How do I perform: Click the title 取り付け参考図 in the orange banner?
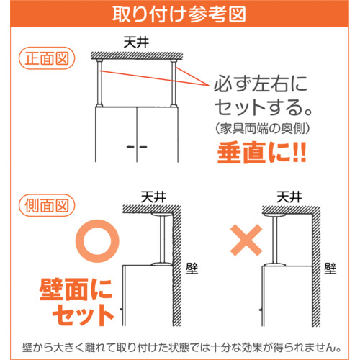tap(179, 14)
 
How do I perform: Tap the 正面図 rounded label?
tap(47, 58)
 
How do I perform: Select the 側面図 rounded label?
tap(47, 205)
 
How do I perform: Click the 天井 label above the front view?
tap(136, 42)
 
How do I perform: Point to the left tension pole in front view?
tap(99, 83)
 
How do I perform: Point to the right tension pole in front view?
tap(174, 83)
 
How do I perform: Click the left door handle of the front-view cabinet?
tap(130, 147)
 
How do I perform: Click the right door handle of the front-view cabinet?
tap(143, 147)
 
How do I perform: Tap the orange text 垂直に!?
tap(261, 153)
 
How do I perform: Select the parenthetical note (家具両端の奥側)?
tap(263, 128)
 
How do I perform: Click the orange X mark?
tap(246, 240)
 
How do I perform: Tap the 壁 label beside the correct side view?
tap(192, 269)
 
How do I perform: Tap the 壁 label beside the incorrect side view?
tap(330, 269)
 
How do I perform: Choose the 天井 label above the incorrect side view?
tap(289, 197)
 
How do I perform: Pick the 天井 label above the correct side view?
tap(153, 197)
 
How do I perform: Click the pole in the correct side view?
tap(162, 240)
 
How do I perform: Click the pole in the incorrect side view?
tap(275, 240)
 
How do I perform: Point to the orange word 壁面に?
tap(76, 289)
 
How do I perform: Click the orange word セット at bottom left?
tap(83, 315)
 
